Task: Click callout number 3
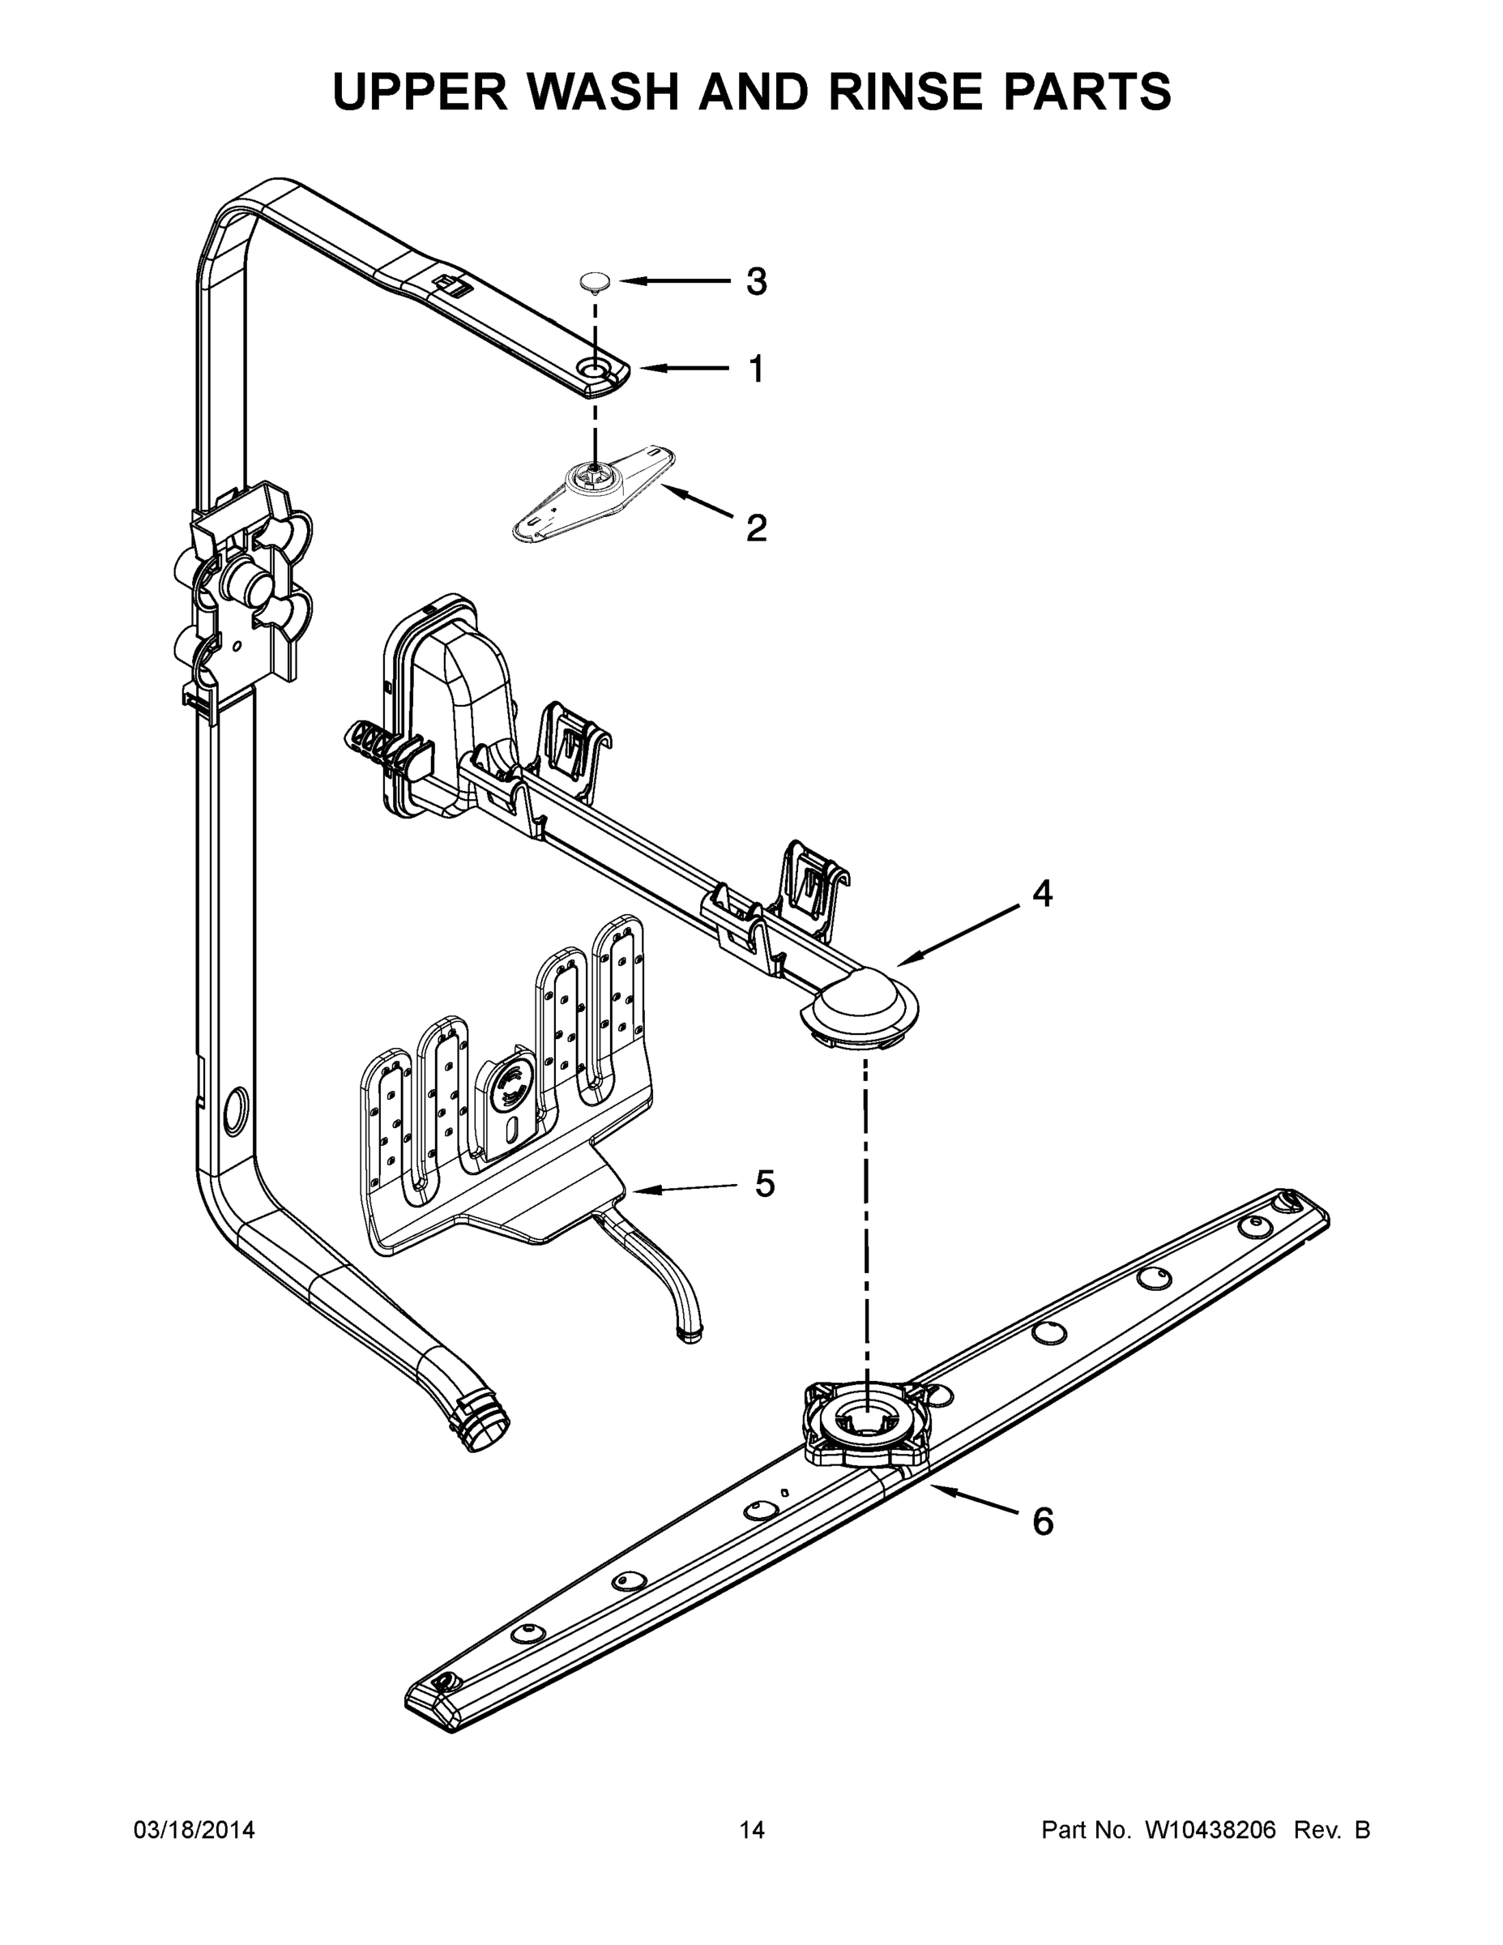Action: tap(755, 282)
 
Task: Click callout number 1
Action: tap(755, 369)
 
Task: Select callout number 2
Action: tap(755, 528)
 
